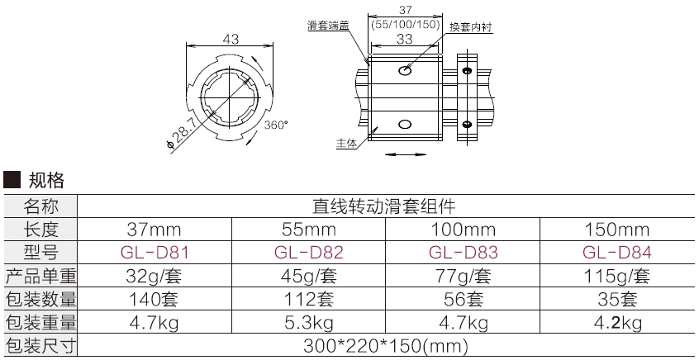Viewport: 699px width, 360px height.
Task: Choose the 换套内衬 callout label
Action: pyautogui.click(x=472, y=26)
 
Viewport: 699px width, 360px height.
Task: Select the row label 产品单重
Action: pyautogui.click(x=40, y=275)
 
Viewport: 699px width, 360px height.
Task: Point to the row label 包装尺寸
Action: pyautogui.click(x=40, y=345)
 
